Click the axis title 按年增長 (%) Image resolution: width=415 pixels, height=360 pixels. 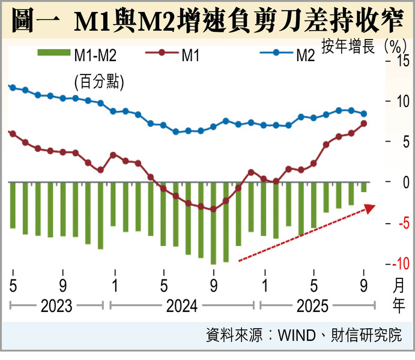[361, 46]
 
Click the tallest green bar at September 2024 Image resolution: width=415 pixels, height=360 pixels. [213, 223]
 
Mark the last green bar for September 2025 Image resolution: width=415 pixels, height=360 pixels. [364, 187]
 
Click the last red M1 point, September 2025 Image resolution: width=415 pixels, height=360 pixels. [364, 124]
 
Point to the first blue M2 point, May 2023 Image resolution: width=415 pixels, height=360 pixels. [12, 87]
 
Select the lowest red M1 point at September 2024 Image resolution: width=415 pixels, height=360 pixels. [213, 209]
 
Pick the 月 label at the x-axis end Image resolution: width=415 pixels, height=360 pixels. [399, 284]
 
